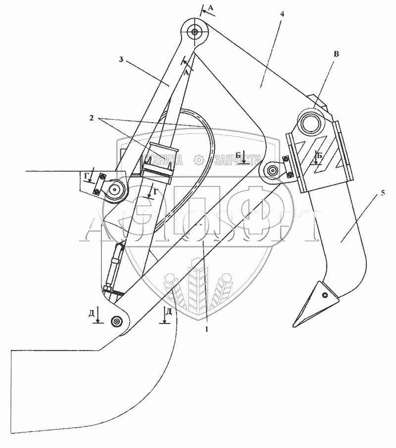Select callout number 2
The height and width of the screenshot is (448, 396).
[92, 118]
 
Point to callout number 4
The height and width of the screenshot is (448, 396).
[282, 14]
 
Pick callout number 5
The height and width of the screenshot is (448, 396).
[382, 193]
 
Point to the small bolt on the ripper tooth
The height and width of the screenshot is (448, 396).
[324, 296]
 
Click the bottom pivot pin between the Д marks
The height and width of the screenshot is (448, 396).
[117, 321]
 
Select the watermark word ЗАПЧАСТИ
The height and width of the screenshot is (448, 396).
[236, 159]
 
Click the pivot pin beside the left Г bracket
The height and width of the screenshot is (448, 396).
[116, 189]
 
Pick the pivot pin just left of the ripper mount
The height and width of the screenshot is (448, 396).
[272, 171]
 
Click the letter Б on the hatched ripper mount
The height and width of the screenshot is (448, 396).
[319, 155]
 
